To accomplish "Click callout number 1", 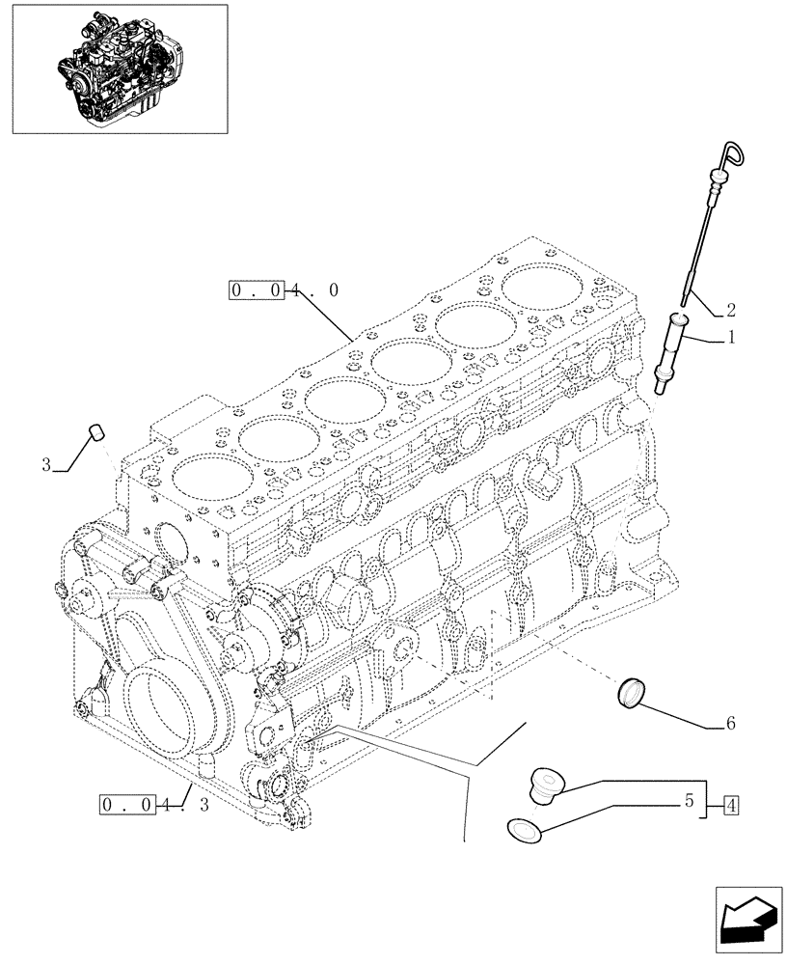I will click(731, 338).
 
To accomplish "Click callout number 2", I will click(731, 310).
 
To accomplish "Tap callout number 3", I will click(46, 466).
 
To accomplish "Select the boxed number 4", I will click(732, 803).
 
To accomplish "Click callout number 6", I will click(730, 722).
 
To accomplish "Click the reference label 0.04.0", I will click(284, 289).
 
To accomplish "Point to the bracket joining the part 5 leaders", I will click(709, 803).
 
